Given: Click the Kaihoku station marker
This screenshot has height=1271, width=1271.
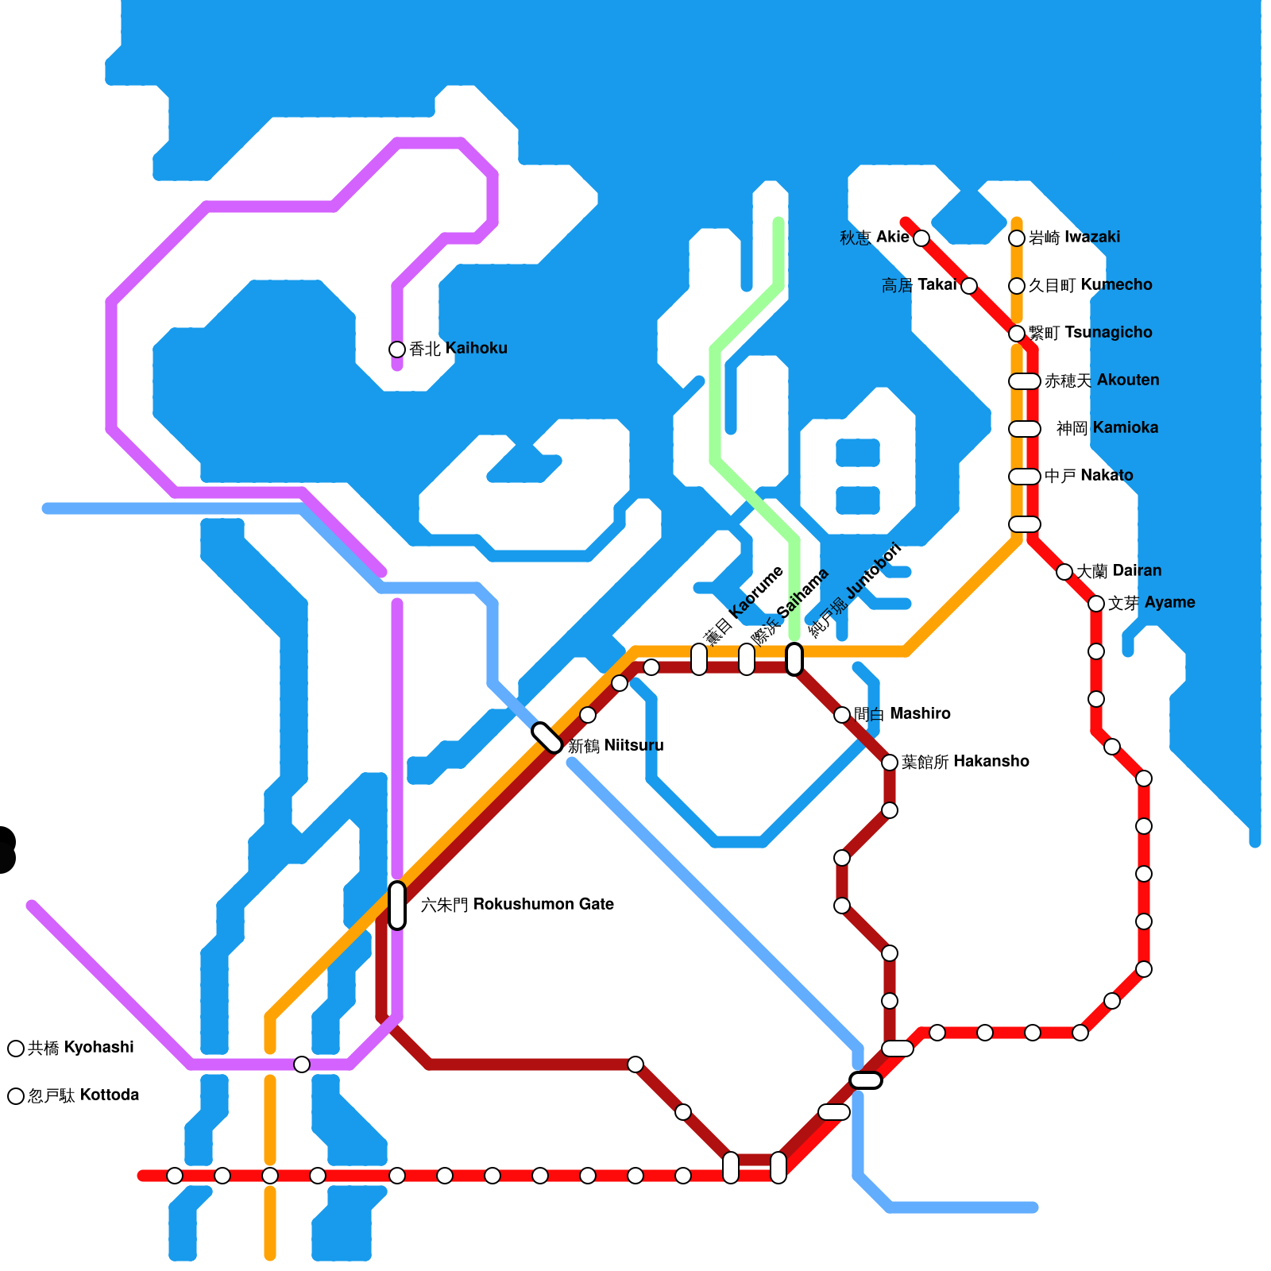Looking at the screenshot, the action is click(397, 350).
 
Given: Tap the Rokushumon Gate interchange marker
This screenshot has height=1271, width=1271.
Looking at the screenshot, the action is click(397, 905).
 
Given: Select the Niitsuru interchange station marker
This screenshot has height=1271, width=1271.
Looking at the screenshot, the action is click(547, 737).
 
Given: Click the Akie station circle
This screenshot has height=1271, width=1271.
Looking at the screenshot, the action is click(921, 238).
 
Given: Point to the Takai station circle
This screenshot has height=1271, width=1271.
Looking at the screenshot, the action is click(969, 286).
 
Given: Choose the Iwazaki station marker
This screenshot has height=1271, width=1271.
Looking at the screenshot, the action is click(1017, 238).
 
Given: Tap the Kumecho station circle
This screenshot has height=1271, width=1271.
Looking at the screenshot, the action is click(1017, 286).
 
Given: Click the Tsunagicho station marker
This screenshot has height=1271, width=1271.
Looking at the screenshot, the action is click(1017, 334).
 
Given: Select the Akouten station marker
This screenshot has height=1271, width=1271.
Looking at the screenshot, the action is click(1025, 381).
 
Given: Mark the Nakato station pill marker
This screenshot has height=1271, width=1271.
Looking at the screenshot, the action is click(1025, 477).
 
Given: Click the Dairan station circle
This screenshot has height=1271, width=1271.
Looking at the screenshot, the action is click(1064, 572).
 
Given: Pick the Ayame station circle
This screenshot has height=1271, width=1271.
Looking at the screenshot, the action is click(1096, 604).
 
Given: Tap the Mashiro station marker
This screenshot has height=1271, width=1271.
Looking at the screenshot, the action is click(842, 715).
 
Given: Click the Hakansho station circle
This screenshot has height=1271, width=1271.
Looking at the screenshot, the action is click(890, 763).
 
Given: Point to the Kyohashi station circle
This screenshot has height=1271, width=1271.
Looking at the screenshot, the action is click(16, 1049).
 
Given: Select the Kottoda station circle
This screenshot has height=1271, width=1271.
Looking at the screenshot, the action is click(16, 1096).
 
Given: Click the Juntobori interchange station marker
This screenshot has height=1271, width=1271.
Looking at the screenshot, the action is click(794, 659).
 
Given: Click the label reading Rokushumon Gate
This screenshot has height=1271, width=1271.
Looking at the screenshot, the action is click(517, 905).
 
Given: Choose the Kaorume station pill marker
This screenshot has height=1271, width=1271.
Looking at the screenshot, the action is click(699, 659).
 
